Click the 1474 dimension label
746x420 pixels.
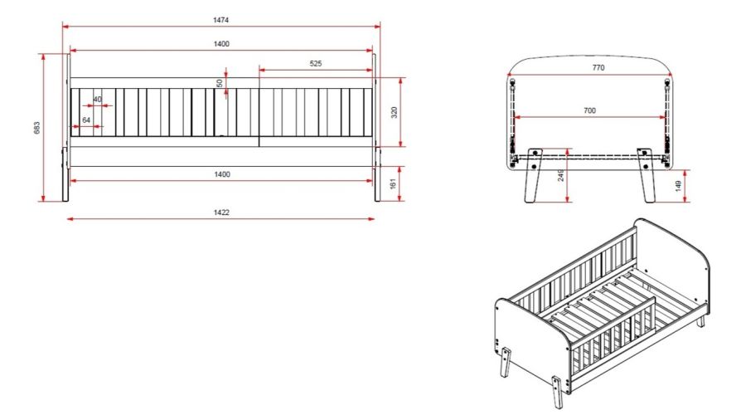[220, 20]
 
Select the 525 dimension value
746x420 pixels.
[316, 63]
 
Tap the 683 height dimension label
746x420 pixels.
[37, 128]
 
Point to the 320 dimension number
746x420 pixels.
[394, 113]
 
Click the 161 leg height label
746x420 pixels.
[393, 183]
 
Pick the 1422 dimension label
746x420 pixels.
[221, 212]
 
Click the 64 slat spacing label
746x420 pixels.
[86, 120]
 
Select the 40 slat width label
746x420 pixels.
[97, 99]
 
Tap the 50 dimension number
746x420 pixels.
[220, 83]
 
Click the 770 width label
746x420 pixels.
[598, 67]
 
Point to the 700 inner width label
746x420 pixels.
[589, 110]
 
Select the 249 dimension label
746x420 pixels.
[561, 175]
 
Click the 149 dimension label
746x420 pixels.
[679, 185]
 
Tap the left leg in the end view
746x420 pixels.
[532, 176]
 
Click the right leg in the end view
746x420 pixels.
[647, 176]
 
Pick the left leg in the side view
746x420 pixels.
[65, 174]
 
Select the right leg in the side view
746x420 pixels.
[377, 174]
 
